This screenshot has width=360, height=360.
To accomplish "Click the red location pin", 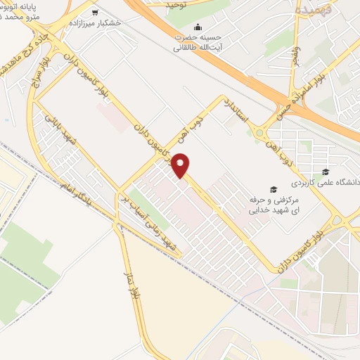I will coord(181,165).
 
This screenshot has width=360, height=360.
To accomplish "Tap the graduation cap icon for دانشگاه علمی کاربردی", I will coord(325,171).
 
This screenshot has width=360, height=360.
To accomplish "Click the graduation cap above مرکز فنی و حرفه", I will coord(273,188).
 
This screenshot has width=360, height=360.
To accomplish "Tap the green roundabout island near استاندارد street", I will coord(259,132).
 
